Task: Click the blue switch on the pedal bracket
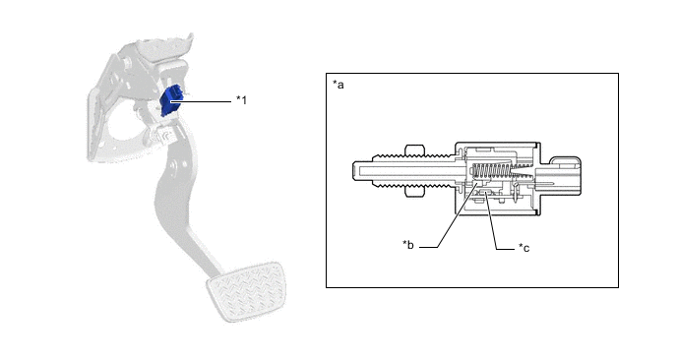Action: coord(170,101)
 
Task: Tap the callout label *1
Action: coord(241,100)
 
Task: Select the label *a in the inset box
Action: coord(338,85)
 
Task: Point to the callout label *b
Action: coord(408,245)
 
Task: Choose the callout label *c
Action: coord(523,247)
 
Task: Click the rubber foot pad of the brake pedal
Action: coord(245,290)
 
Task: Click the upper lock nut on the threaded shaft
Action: coord(415,150)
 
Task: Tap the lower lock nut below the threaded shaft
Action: coord(415,192)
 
